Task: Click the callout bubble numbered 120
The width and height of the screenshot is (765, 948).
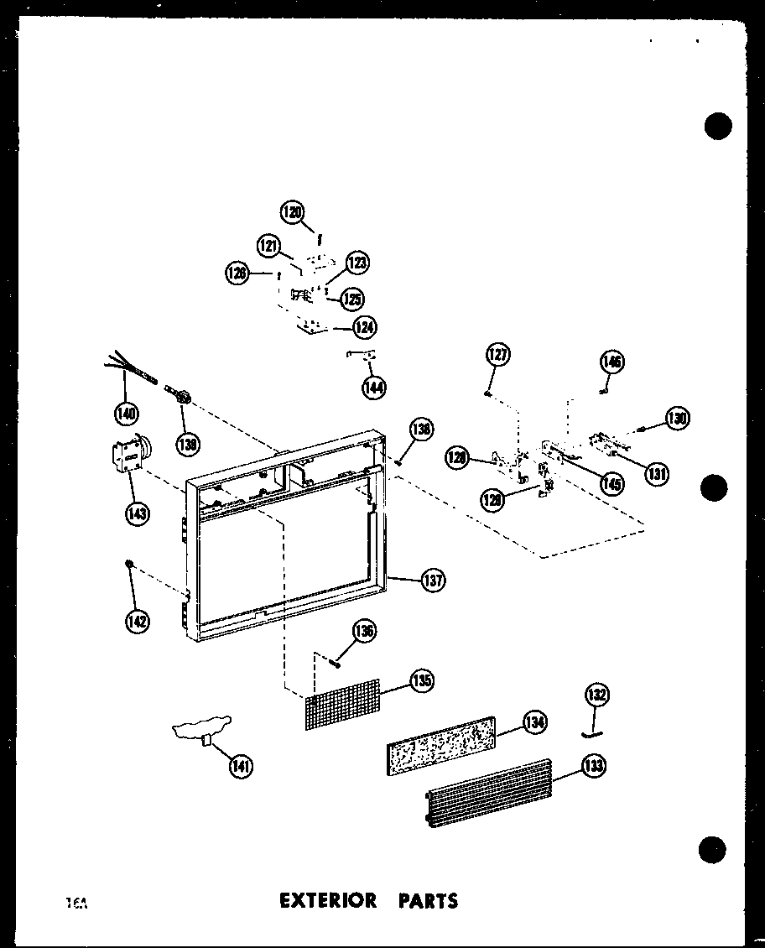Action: [294, 212]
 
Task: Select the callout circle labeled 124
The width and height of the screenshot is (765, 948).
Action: [364, 327]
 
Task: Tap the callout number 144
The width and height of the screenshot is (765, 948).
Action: [373, 387]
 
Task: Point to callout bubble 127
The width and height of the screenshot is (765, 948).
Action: [497, 356]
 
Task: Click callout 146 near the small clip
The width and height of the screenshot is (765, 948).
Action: [612, 362]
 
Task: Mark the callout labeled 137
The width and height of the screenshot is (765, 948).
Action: [433, 580]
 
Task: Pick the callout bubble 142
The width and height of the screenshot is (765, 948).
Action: [137, 621]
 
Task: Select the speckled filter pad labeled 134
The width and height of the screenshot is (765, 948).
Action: [440, 741]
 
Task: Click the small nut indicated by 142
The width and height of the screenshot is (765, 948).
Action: [129, 562]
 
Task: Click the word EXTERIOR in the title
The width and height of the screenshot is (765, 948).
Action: [328, 901]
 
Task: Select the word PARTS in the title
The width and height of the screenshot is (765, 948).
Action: [428, 901]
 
